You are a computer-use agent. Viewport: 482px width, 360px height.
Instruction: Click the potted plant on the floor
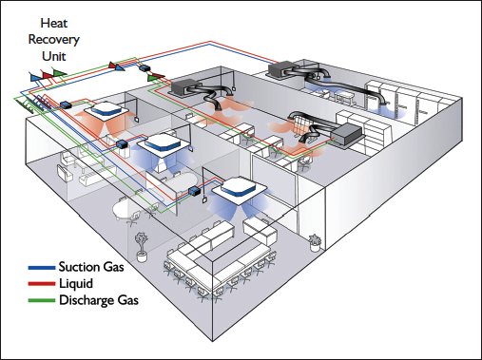tap(142, 244)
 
